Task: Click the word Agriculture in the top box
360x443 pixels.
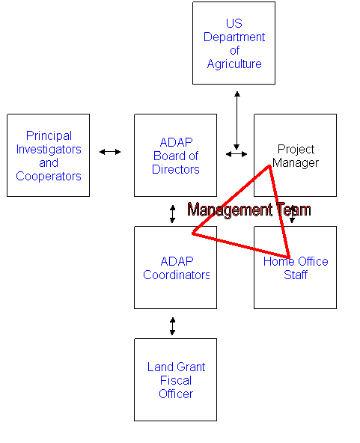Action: pyautogui.click(x=234, y=64)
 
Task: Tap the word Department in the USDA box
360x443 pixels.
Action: pyautogui.click(x=234, y=37)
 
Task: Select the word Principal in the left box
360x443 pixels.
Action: pyautogui.click(x=49, y=136)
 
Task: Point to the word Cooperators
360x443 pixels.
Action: pyautogui.click(x=49, y=177)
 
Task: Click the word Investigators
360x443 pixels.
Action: pyautogui.click(x=49, y=150)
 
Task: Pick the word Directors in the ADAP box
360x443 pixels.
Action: pyautogui.click(x=176, y=170)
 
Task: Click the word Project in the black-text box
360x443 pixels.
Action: pyautogui.click(x=296, y=150)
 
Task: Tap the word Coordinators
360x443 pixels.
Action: pyautogui.click(x=177, y=275)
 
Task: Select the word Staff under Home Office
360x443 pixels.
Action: pyautogui.click(x=296, y=275)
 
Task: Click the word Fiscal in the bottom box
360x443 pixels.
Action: pyautogui.click(x=176, y=381)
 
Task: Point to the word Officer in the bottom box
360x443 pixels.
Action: pyautogui.click(x=176, y=394)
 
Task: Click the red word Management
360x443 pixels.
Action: pyautogui.click(x=230, y=210)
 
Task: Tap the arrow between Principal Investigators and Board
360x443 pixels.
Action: pyautogui.click(x=110, y=152)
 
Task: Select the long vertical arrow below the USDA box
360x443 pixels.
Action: pyautogui.click(x=237, y=120)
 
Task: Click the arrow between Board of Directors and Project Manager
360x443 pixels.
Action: pyautogui.click(x=237, y=154)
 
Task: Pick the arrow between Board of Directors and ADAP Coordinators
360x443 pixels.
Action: pyautogui.click(x=172, y=214)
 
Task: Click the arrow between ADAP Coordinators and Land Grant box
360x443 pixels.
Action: pyautogui.click(x=172, y=326)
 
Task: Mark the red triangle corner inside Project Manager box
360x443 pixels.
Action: pyautogui.click(x=269, y=166)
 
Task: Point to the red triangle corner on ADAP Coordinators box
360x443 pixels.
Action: pyautogui.click(x=193, y=233)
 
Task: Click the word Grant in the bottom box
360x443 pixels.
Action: pyautogui.click(x=191, y=367)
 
